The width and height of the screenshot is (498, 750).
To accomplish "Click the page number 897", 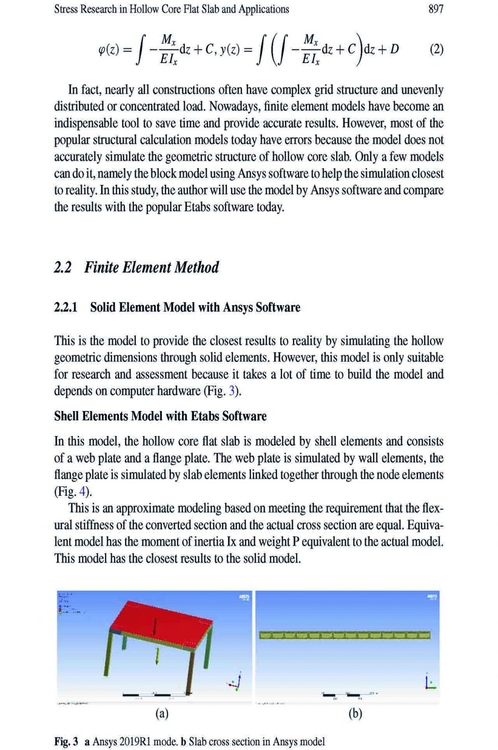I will [x=436, y=9].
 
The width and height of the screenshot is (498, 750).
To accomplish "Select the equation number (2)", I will [x=436, y=49].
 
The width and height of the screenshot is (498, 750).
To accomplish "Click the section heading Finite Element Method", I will [x=151, y=268].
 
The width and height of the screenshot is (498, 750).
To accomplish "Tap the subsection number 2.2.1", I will [x=66, y=307].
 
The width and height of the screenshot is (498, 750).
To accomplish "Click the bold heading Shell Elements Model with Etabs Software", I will [x=160, y=416].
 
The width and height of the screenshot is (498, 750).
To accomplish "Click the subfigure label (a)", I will [x=162, y=713].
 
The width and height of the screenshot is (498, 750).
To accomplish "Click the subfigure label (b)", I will [x=355, y=713].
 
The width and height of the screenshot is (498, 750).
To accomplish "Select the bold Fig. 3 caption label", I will [x=66, y=742].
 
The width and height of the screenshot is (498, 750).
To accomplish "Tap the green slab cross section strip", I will [x=344, y=635].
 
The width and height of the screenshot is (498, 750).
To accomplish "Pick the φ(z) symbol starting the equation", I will [x=109, y=50].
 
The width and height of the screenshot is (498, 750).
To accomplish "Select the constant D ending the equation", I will [x=394, y=49].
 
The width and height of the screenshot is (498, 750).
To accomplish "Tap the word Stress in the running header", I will [x=66, y=9].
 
